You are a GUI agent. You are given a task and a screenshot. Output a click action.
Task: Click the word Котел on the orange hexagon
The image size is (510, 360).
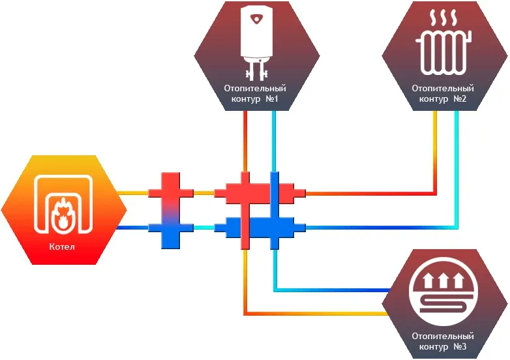point(62,247)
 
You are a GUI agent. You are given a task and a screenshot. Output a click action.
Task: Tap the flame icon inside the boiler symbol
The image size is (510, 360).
point(63,214)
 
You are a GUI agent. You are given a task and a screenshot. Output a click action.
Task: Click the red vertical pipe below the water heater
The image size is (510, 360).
point(245,140)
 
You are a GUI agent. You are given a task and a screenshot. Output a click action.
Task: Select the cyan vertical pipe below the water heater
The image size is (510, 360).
point(275,140)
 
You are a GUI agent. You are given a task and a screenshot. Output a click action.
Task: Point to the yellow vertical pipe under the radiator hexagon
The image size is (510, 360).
point(436,150)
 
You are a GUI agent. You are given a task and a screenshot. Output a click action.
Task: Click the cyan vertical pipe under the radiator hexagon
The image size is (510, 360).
point(457,163)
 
